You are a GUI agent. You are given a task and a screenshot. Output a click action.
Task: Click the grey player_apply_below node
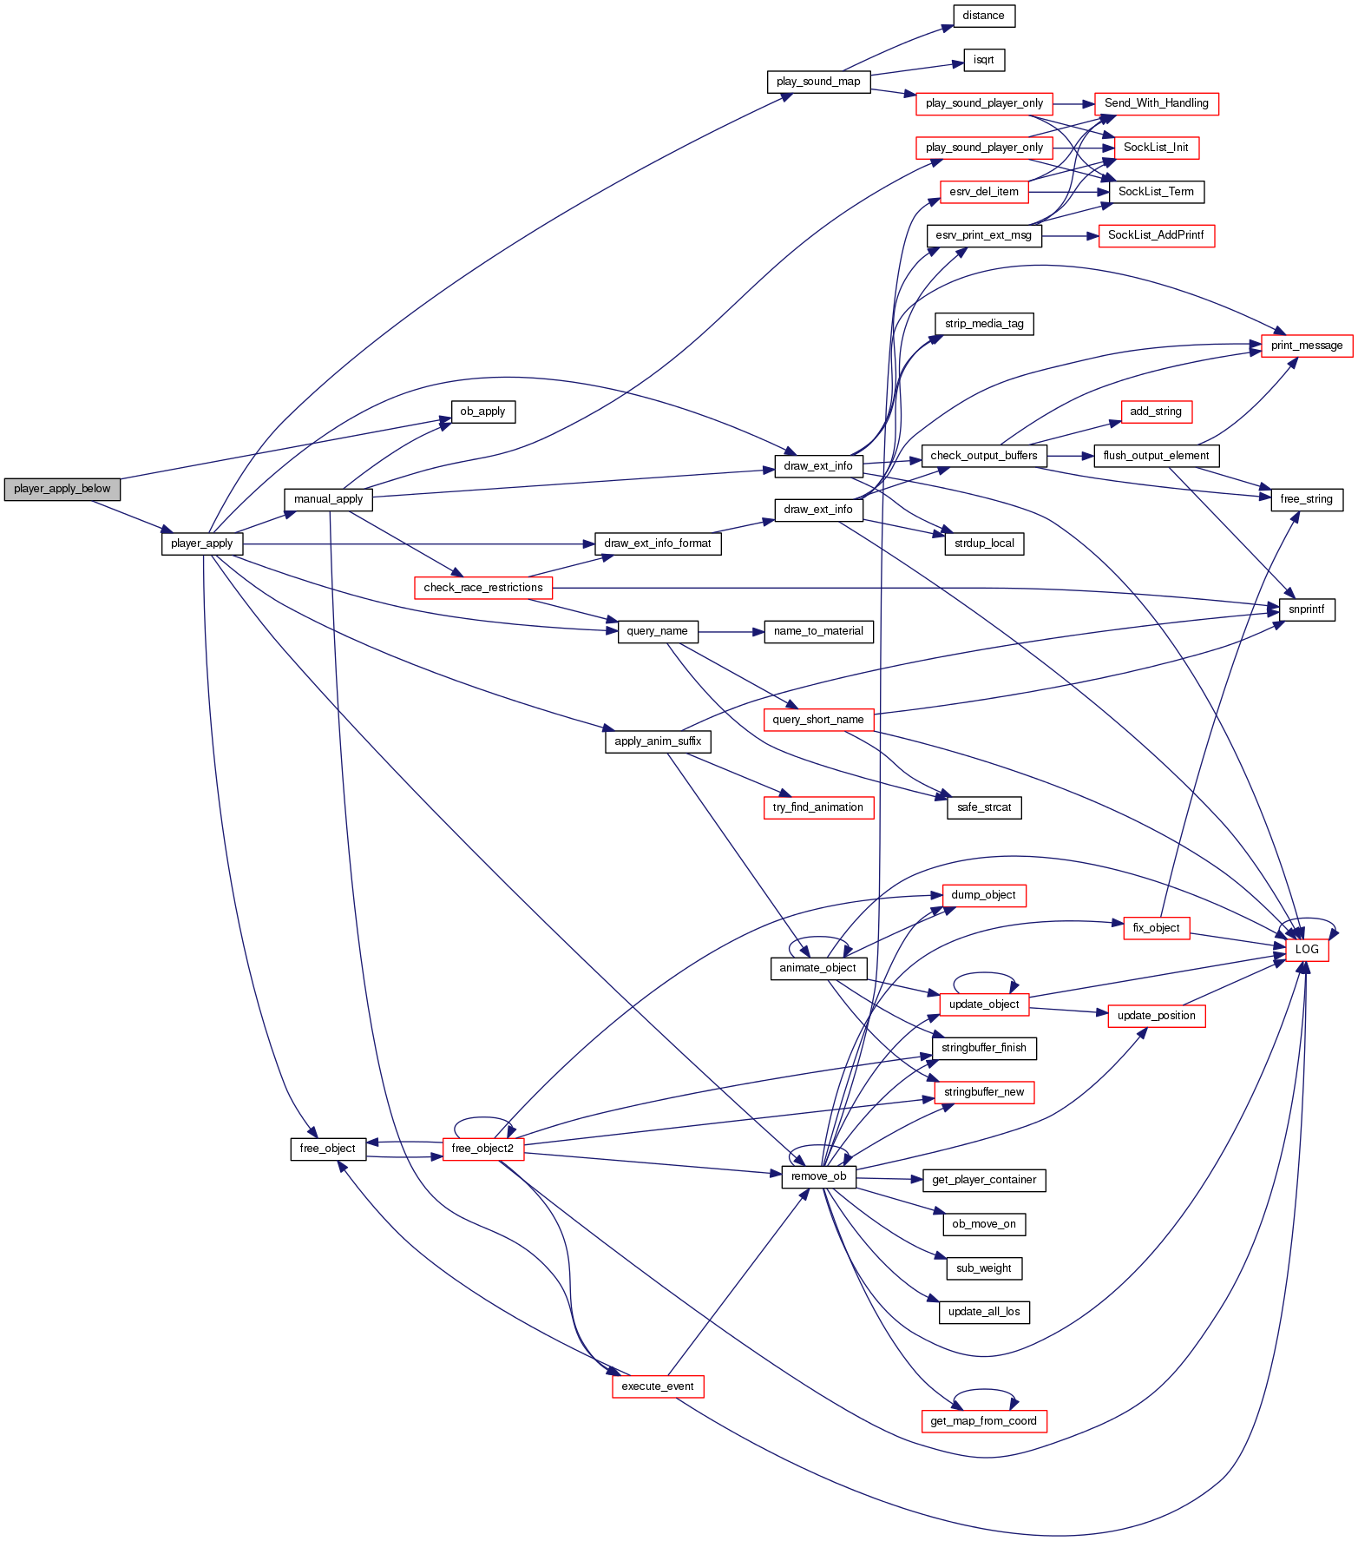(x=62, y=489)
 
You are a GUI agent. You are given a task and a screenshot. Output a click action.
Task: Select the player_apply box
(x=201, y=543)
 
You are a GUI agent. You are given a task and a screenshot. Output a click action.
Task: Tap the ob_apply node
(x=482, y=412)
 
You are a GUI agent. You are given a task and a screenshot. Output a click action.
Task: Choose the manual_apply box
(x=328, y=499)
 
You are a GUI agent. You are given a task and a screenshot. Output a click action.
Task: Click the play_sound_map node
(x=818, y=82)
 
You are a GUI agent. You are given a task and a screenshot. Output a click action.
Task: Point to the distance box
(x=983, y=16)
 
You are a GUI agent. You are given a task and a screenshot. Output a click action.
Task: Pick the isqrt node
(x=983, y=60)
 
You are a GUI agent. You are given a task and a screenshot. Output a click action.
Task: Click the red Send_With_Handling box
(x=1156, y=103)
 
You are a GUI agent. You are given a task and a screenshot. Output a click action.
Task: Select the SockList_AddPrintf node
(x=1156, y=235)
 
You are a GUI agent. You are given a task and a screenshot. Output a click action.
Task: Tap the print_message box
(x=1306, y=346)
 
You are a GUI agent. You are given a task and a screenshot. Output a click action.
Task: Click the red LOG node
(x=1306, y=950)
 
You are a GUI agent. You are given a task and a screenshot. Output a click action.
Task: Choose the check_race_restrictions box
(x=482, y=588)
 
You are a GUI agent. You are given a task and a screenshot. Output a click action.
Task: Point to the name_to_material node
(x=817, y=631)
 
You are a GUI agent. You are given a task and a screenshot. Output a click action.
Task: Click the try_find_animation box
(x=817, y=807)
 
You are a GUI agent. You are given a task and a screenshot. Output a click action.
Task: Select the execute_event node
(x=657, y=1386)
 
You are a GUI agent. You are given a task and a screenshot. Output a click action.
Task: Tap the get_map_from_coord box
(x=983, y=1421)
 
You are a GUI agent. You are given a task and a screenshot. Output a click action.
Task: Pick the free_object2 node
(x=482, y=1149)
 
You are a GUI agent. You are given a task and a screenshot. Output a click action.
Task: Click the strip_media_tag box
(x=983, y=324)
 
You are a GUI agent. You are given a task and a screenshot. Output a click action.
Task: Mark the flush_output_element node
(x=1156, y=456)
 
